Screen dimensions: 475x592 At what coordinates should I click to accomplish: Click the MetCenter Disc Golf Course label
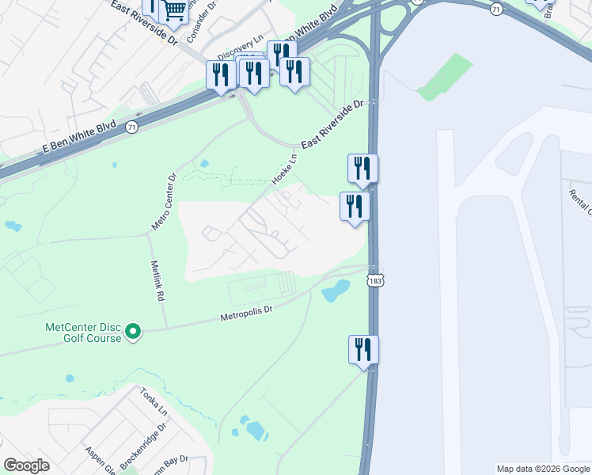(x=83, y=332)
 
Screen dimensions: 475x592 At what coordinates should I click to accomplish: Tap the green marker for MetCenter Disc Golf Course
(x=133, y=332)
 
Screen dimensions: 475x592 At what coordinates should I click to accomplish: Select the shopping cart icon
(x=175, y=10)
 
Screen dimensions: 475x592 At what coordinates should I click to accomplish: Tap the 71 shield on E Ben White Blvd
(x=131, y=126)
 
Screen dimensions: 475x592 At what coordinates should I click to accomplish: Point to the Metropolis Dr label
(x=245, y=314)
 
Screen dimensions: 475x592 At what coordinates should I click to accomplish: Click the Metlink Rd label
(x=157, y=281)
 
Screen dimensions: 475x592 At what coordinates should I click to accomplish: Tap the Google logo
(x=26, y=465)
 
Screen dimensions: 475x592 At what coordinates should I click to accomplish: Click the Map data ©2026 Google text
(x=543, y=469)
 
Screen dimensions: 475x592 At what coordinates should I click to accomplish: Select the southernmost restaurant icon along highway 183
(x=364, y=349)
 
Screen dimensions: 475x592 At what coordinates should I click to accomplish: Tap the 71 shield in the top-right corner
(x=496, y=9)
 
